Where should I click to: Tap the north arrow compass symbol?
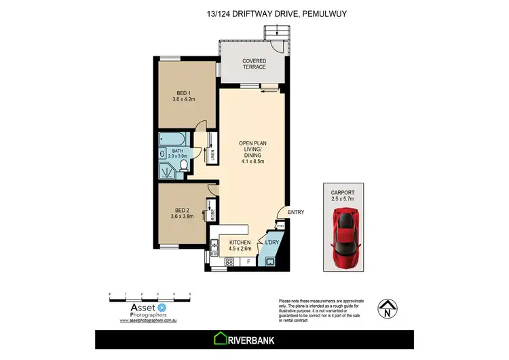click(386, 309)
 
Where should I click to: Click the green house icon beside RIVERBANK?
click(221, 338)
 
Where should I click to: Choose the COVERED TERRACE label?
click(254, 65)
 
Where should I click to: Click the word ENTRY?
click(296, 213)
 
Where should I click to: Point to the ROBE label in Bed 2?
click(212, 215)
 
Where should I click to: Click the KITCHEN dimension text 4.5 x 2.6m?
click(240, 249)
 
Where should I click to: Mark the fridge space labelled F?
click(248, 262)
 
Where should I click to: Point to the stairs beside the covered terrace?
click(274, 31)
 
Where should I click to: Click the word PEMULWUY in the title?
click(326, 13)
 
